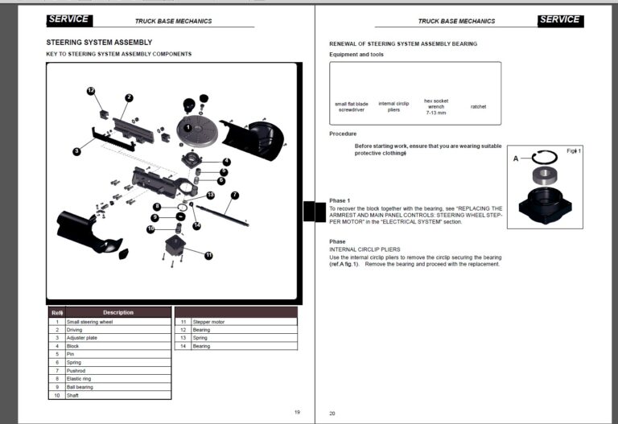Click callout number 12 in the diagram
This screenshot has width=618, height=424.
point(91,91)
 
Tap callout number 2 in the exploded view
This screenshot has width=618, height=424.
point(129,97)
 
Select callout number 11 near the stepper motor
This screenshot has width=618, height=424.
point(208,255)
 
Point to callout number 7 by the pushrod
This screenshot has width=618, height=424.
point(234,195)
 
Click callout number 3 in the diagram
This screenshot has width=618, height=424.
point(76,150)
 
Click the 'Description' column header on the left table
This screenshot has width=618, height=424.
point(117,312)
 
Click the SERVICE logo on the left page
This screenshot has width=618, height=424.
point(68,19)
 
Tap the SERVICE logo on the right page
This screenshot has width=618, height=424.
point(560,19)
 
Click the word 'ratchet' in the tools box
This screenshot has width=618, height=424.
point(478,106)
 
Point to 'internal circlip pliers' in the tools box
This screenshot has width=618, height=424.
point(393,106)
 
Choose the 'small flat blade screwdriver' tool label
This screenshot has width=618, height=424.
point(352,106)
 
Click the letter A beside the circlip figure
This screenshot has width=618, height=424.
point(516,158)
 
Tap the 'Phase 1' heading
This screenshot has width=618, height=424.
point(340,200)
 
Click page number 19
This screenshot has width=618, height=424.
point(297,412)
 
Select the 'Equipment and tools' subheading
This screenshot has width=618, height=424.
point(356,54)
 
